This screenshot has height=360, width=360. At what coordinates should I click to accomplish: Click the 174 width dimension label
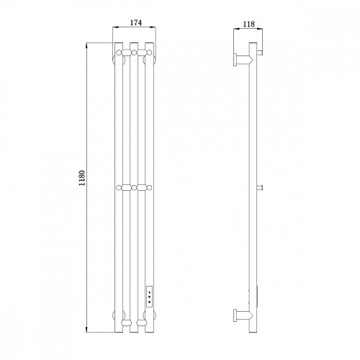(x=136, y=22)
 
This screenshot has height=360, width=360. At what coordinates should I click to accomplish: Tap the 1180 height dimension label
(x=82, y=178)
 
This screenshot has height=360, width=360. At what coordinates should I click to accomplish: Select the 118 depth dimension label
(x=249, y=24)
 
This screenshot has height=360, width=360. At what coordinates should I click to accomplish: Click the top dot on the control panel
(x=150, y=292)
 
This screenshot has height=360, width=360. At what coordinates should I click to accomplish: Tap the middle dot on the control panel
(x=150, y=297)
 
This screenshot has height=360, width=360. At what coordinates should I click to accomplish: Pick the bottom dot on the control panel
(x=150, y=301)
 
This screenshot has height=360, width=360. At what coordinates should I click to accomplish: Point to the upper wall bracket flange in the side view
(x=235, y=59)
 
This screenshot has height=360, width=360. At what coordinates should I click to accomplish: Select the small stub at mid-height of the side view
(x=259, y=188)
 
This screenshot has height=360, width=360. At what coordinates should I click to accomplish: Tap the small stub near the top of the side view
(x=259, y=52)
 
